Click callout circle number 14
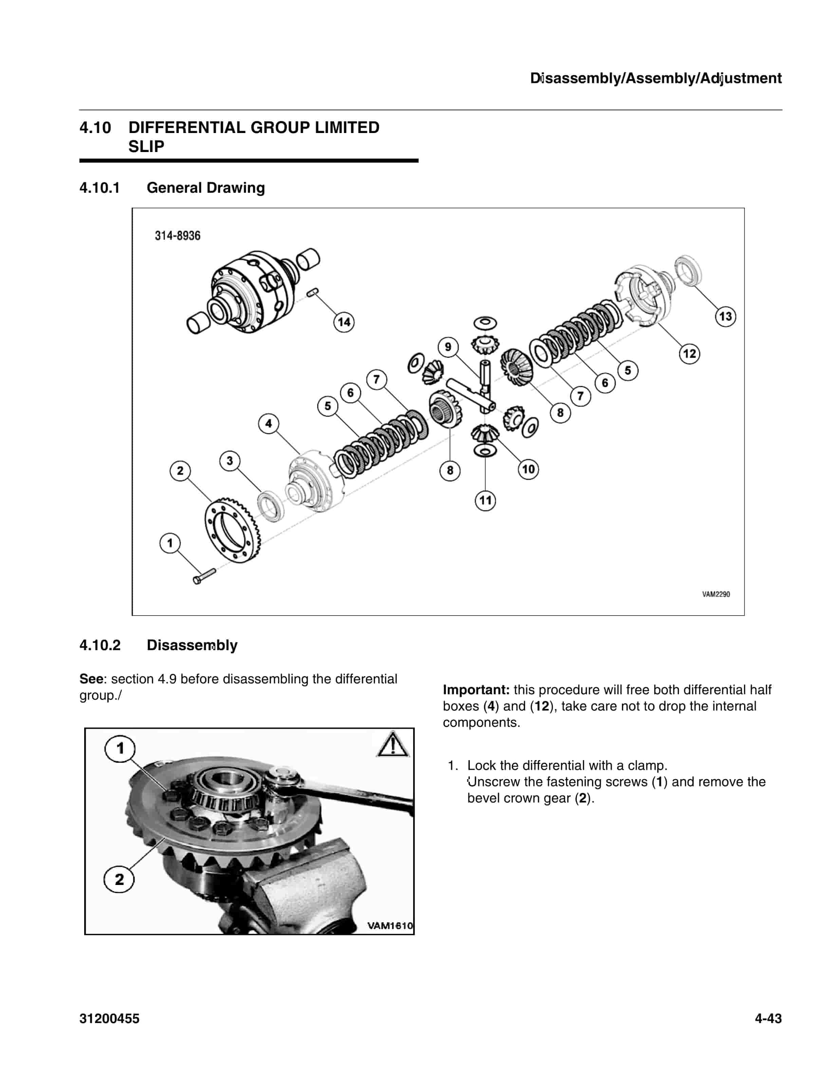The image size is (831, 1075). pos(344,322)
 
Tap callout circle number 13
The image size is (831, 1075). pos(725,317)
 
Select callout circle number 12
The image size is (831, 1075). pos(689,353)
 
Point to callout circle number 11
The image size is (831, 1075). pos(485,501)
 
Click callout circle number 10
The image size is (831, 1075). pos(528,469)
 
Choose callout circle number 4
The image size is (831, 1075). pos(268,423)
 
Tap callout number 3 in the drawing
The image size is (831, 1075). pos(229,461)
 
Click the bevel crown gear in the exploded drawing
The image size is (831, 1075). pos(232,531)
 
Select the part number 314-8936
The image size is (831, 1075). pos(178,236)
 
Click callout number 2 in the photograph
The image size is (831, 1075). pos(119,879)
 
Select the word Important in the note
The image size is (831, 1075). pos(476,690)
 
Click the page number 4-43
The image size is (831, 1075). pos(768,1018)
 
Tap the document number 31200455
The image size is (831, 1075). pos(109,1018)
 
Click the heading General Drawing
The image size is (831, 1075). pos(205,188)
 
